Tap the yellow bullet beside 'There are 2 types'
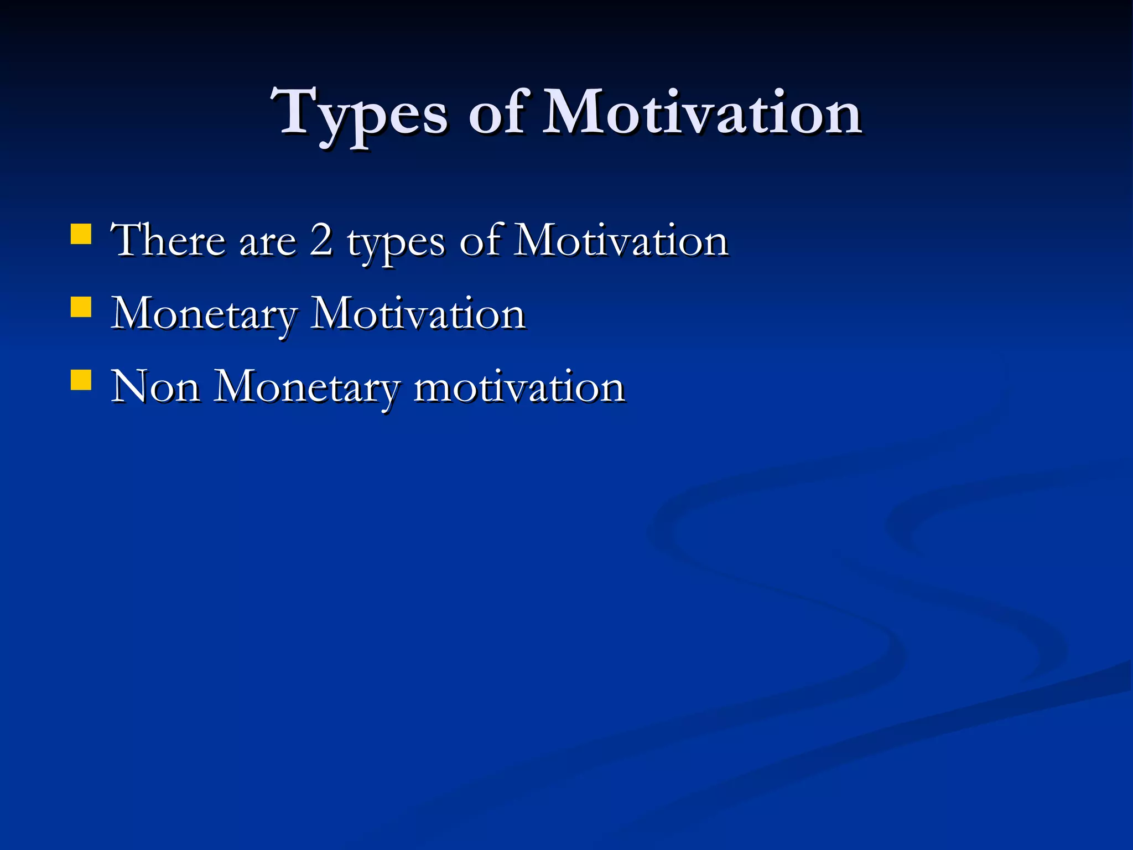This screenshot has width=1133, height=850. [x=81, y=234]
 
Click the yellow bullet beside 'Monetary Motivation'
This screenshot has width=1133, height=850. [x=81, y=307]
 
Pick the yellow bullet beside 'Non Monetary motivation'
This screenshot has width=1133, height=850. [x=81, y=380]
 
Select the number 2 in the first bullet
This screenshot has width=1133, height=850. [x=321, y=240]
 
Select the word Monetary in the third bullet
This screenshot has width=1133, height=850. [x=306, y=387]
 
